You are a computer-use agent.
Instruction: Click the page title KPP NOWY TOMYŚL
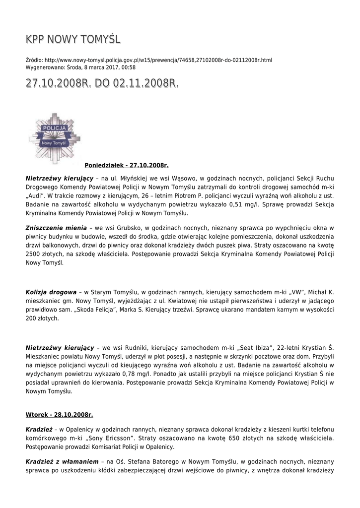click(x=73, y=39)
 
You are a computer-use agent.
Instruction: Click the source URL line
click(x=148, y=60)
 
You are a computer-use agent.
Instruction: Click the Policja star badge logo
click(x=54, y=138)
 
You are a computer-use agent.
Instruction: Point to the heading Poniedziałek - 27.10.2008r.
click(x=127, y=165)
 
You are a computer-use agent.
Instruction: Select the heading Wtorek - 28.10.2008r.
click(x=59, y=414)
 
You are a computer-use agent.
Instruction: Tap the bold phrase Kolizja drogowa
click(x=51, y=292)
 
